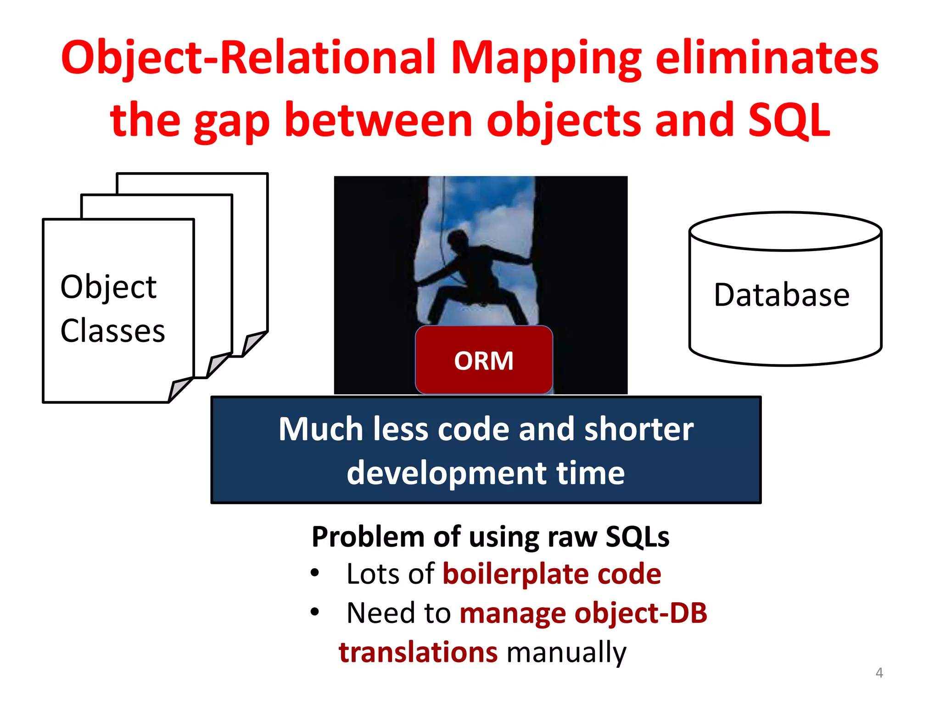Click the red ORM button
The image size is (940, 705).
pos(484,360)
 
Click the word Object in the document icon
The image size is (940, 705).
pos(108,287)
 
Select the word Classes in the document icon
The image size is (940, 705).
pos(112,331)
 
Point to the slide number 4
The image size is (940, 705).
pos(879,673)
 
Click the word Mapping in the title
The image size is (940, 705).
pos(546,59)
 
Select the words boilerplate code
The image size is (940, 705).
pos(552,574)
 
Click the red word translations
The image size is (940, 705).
pos(418,652)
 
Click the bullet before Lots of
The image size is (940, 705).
pos(314,573)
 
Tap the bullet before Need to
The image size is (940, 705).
pos(314,612)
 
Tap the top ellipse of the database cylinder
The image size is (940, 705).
pos(785,231)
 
